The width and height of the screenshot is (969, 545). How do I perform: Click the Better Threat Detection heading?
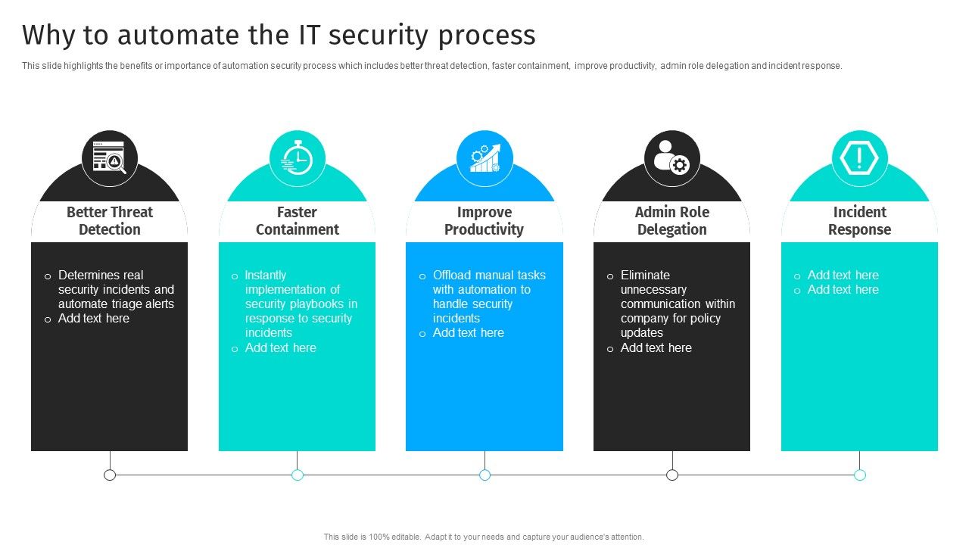(109, 221)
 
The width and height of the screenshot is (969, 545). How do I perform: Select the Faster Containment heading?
(297, 221)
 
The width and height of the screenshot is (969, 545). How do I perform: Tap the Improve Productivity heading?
(484, 221)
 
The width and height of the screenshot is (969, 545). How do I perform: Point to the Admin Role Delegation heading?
(671, 221)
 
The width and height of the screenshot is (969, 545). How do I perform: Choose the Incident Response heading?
(859, 221)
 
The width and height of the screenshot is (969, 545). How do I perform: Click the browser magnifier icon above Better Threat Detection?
(110, 158)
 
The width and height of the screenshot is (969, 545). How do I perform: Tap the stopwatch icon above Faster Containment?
(298, 158)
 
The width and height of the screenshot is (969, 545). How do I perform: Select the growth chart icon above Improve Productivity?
(484, 158)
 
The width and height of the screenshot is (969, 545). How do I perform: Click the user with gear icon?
(671, 158)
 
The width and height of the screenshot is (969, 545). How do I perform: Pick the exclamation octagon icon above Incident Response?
(859, 158)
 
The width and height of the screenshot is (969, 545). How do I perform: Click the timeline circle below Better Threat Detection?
(110, 475)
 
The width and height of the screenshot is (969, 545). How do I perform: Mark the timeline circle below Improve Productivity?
(484, 475)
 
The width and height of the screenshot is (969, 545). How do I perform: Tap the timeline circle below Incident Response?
(860, 475)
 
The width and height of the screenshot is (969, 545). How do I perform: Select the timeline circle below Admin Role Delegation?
(672, 475)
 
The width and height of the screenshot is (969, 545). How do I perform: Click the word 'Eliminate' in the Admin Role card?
(645, 276)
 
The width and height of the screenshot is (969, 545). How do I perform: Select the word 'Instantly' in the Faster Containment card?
(265, 276)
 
